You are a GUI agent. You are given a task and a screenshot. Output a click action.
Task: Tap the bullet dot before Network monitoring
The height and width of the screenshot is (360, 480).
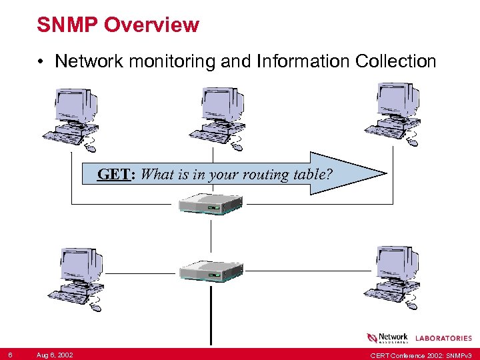click(41, 62)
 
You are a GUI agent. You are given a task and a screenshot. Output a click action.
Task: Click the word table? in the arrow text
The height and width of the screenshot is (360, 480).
click(313, 175)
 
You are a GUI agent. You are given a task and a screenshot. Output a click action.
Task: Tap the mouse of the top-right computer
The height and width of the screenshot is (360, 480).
click(413, 143)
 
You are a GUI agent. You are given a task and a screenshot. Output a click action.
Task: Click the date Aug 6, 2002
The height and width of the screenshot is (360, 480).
click(55, 354)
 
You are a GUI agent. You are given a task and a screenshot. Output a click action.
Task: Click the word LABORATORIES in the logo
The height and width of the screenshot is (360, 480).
click(443, 338)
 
